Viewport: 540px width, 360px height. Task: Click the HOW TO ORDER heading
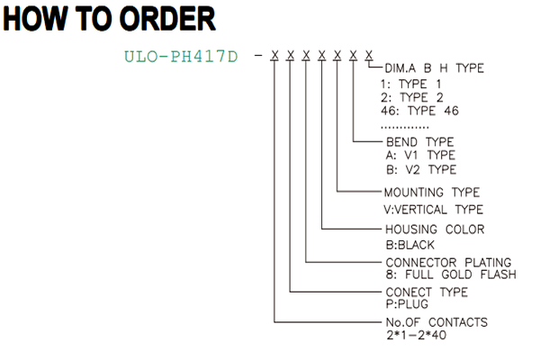(x=109, y=19)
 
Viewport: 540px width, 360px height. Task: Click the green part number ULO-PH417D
(x=181, y=57)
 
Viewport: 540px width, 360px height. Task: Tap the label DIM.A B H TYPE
(x=434, y=68)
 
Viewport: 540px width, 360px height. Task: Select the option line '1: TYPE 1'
(x=410, y=84)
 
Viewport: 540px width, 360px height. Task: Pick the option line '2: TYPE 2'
(x=412, y=97)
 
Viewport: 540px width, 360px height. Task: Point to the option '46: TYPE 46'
(x=419, y=111)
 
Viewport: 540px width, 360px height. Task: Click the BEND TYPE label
(x=419, y=142)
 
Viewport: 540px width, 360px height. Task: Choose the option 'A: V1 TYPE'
(x=420, y=156)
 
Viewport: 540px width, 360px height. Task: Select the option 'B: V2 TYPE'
(x=421, y=169)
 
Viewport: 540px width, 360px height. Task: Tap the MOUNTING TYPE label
(x=432, y=193)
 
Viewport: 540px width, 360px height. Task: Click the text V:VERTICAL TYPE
(x=434, y=210)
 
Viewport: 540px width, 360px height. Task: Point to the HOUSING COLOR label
(x=435, y=229)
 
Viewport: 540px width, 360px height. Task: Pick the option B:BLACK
(x=410, y=245)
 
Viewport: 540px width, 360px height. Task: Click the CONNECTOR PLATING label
(x=448, y=263)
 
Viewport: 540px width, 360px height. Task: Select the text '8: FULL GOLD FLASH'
(x=451, y=274)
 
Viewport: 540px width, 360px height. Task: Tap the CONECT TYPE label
(x=427, y=292)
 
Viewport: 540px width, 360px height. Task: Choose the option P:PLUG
(x=407, y=304)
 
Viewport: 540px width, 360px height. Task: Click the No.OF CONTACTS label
(x=436, y=322)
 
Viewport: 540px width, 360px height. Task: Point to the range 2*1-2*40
(x=416, y=335)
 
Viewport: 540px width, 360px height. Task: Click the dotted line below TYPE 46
(x=405, y=128)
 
